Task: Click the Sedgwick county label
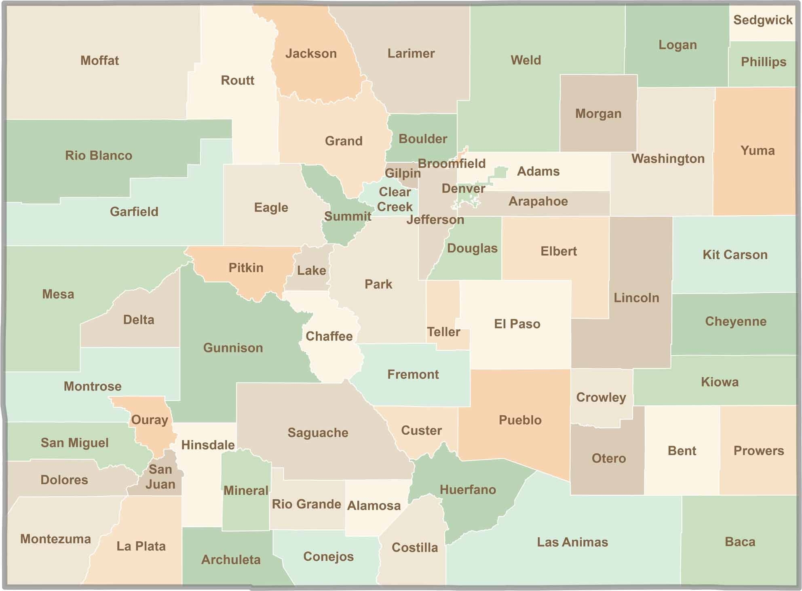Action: (763, 20)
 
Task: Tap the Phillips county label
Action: (763, 62)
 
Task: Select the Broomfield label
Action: (452, 164)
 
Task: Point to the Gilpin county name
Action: (402, 173)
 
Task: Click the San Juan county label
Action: (160, 477)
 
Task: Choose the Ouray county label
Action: (150, 420)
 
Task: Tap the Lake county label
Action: (311, 270)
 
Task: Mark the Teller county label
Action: (443, 332)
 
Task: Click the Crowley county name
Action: (601, 397)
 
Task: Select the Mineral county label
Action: (246, 490)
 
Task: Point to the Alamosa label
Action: (374, 505)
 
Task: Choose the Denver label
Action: (463, 189)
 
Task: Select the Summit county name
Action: (348, 217)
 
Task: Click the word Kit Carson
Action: (735, 255)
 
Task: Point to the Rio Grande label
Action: (306, 504)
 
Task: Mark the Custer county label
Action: (421, 431)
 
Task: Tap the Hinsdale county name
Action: (208, 445)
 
